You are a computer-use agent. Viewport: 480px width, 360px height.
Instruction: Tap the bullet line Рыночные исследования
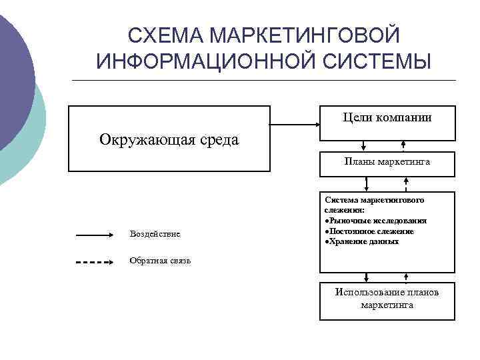(x=375, y=220)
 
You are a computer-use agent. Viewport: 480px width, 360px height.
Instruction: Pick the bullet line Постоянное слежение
(x=369, y=231)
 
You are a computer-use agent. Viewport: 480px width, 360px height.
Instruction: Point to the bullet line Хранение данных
(x=361, y=241)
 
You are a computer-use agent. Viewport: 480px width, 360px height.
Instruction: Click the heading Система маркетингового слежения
(x=374, y=204)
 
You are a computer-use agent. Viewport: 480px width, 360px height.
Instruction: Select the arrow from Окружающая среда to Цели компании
(x=295, y=124)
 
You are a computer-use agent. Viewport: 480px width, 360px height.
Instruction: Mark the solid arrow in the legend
(x=96, y=235)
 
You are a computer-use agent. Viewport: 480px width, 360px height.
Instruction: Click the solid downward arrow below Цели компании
(x=363, y=146)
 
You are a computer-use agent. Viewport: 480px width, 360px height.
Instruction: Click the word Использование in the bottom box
(x=367, y=292)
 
